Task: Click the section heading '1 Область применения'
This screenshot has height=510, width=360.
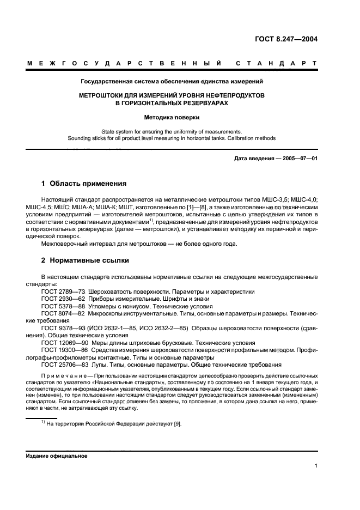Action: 84,183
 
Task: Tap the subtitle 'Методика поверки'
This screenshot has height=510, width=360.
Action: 172,117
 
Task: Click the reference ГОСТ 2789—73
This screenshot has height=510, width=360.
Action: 60,292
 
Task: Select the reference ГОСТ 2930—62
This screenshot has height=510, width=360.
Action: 60,299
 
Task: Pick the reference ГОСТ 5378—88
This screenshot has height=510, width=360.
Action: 60,306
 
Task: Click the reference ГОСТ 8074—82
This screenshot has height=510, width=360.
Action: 60,314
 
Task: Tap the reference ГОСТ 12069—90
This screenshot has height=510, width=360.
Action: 62,343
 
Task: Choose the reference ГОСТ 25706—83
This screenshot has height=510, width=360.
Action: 62,365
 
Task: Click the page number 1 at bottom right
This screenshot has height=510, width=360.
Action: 316,466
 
